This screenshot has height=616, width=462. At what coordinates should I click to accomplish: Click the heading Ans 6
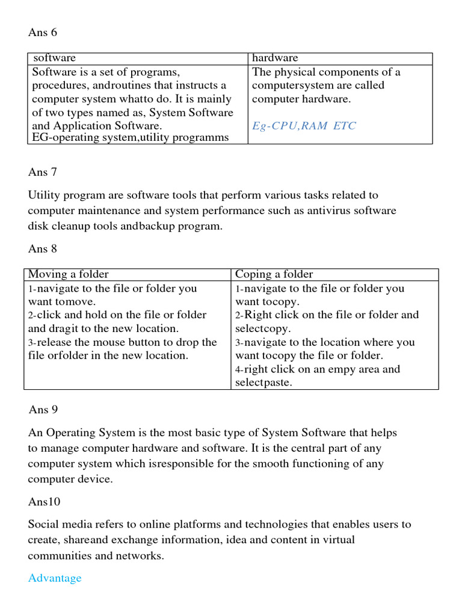pos(42,32)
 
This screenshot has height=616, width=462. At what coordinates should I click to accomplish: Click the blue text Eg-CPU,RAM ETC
pos(304,126)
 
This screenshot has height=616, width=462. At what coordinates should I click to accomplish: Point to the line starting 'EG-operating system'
pos(130,138)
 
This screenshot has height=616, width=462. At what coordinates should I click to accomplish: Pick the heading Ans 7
pos(42,172)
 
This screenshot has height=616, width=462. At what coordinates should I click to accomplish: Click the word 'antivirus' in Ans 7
pos(327,211)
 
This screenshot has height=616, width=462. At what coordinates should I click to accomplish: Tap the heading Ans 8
pos(42,248)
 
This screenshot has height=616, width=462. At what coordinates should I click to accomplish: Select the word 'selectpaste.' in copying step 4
pos(263,383)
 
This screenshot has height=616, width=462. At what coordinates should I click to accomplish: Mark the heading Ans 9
pos(43,410)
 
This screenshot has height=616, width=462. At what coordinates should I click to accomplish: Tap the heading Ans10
pos(44,501)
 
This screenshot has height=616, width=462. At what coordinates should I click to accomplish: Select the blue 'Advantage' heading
pos(55,578)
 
